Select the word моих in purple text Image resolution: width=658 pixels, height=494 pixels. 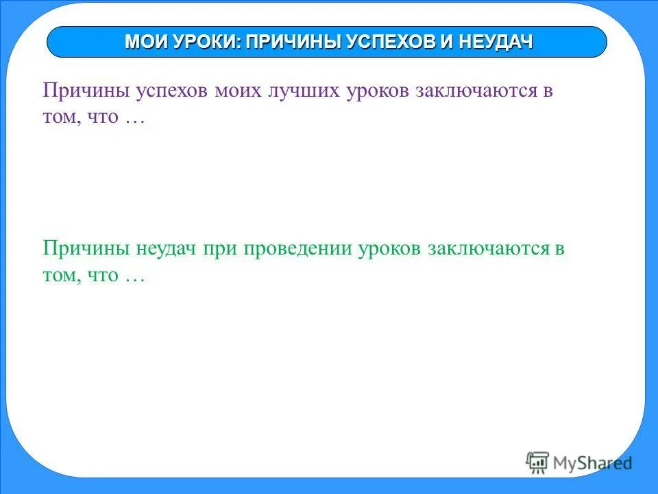click(x=241, y=93)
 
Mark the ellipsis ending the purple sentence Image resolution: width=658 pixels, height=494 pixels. click(x=134, y=118)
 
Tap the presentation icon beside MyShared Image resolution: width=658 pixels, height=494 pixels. click(x=537, y=462)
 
